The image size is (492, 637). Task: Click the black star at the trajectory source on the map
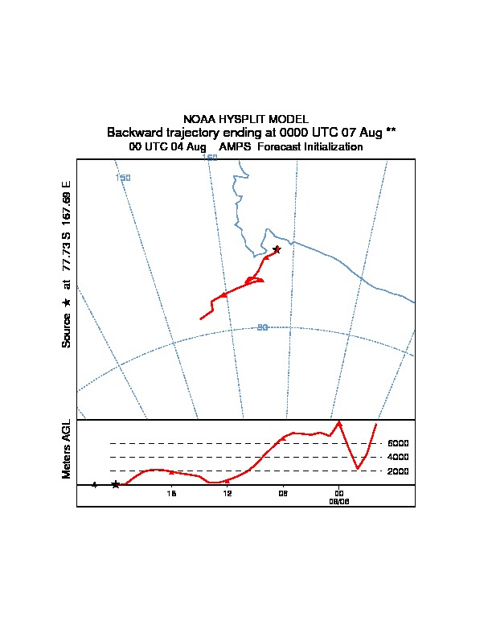click(x=277, y=249)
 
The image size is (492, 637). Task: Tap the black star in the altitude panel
click(x=116, y=484)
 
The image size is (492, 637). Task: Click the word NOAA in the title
click(x=199, y=119)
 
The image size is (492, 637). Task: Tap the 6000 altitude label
click(x=398, y=443)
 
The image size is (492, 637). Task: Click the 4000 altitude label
click(x=398, y=457)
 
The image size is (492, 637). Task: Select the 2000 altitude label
click(x=398, y=471)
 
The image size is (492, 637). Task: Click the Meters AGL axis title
click(x=67, y=450)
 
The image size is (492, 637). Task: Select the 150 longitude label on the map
click(x=123, y=178)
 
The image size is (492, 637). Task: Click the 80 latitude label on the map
click(x=262, y=327)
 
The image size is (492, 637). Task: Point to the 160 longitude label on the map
click(x=210, y=158)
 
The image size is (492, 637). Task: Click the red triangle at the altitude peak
click(x=339, y=423)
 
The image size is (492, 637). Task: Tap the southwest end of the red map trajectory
click(x=200, y=319)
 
